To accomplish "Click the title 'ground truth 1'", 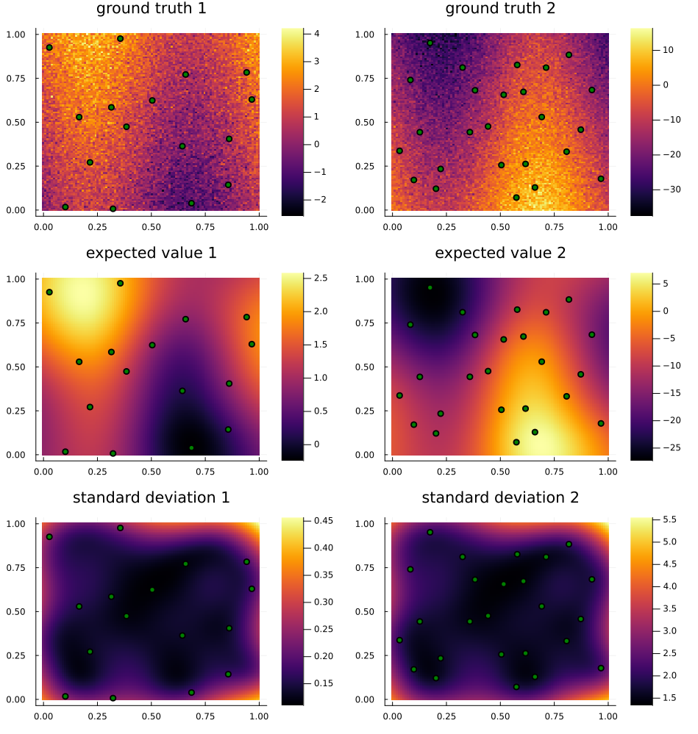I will (152, 10).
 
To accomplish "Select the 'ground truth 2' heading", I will (500, 10).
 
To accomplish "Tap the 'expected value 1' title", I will (152, 253).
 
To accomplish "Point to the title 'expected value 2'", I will (500, 253).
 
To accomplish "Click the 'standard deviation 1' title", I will (152, 498).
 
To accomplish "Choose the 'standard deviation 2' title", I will (500, 498).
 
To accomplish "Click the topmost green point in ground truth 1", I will (120, 38).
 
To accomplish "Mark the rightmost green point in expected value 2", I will (601, 423).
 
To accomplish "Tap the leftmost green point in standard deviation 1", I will (49, 537).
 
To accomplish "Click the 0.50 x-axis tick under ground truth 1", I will (152, 225).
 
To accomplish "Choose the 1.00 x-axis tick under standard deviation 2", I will (608, 714).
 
